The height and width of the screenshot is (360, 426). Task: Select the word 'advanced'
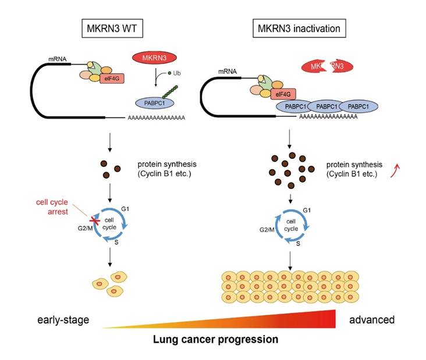point(372,319)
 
